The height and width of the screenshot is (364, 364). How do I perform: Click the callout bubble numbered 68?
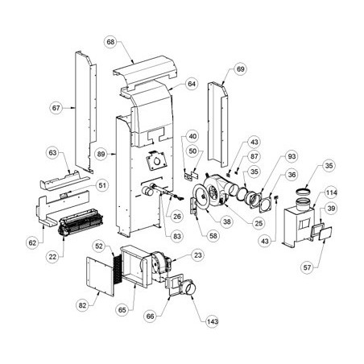pos(110,42)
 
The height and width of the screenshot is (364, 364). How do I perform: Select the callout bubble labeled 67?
pos(56,108)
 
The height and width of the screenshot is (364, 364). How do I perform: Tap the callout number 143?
pos(212,321)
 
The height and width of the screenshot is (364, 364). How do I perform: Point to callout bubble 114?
pos(331,192)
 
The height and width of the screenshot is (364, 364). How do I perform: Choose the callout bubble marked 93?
pos(292,156)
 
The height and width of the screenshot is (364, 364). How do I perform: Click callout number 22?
pos(52,257)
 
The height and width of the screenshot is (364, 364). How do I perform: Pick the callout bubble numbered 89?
pos(101,155)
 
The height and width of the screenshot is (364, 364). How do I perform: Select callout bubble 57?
pos(307,267)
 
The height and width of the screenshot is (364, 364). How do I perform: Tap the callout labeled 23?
pos(198,255)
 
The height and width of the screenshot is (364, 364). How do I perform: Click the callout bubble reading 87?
pos(254,156)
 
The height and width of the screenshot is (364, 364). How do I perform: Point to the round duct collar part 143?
pos(189,287)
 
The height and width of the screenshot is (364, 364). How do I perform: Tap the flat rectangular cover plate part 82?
pos(100,275)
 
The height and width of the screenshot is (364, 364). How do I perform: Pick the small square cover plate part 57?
pos(325,234)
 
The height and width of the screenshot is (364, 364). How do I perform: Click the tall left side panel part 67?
pos(85,112)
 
